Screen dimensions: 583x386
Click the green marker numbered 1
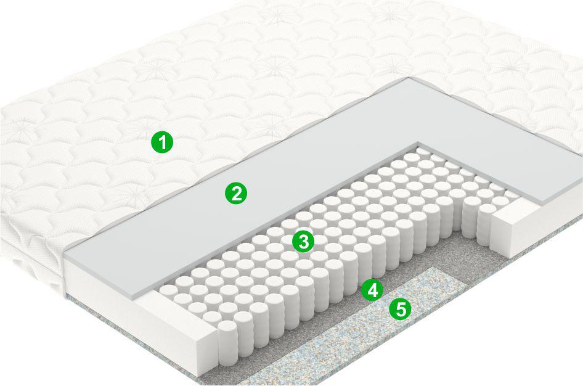pos(162,142)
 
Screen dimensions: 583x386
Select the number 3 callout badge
pos(303,241)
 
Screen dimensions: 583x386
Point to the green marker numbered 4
pos(372,290)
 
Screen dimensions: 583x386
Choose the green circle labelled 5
pos(400,309)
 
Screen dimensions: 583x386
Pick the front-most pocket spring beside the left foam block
pos(227,344)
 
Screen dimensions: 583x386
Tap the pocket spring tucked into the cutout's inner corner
pos(422,152)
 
